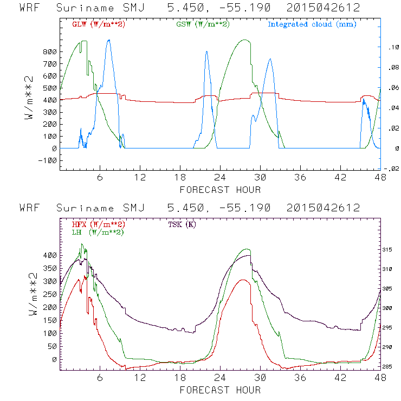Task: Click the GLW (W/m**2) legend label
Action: pyautogui.click(x=99, y=24)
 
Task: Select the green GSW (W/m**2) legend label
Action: pyautogui.click(x=202, y=24)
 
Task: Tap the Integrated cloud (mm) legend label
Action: pyautogui.click(x=312, y=24)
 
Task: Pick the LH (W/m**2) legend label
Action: pyautogui.click(x=97, y=232)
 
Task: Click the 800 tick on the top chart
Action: pyautogui.click(x=49, y=52)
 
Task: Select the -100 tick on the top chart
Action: pyautogui.click(x=47, y=160)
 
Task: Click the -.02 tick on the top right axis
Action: pyautogui.click(x=392, y=169)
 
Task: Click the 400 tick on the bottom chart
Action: pyautogui.click(x=49, y=255)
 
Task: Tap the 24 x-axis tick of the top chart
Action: pyautogui.click(x=220, y=178)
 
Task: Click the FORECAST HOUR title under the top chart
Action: pyautogui.click(x=220, y=190)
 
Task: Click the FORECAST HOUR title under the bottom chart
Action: pyautogui.click(x=220, y=390)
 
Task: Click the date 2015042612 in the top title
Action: pyautogui.click(x=328, y=8)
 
